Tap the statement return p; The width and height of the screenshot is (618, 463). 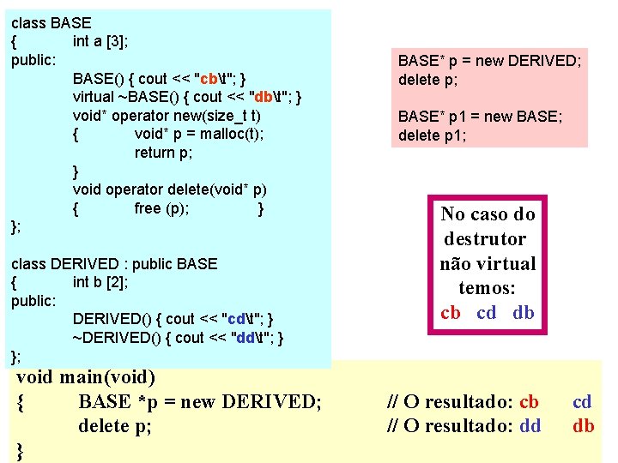163,153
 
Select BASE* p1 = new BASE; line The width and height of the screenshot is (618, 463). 480,117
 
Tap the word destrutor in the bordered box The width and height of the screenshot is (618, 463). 485,238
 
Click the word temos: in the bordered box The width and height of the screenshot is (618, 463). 487,288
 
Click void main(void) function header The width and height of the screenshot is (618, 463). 86,376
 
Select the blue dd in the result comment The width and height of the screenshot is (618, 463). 530,426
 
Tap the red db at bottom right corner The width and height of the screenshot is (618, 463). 584,426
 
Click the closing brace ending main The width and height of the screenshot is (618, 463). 20,451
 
